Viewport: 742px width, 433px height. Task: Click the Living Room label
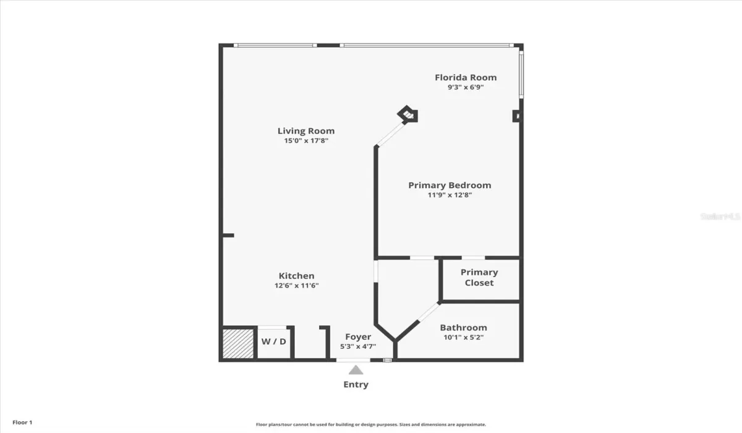(x=306, y=131)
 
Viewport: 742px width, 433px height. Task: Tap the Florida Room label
(x=466, y=77)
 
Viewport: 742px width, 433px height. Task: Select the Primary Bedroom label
(x=450, y=185)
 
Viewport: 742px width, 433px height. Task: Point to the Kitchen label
(x=297, y=276)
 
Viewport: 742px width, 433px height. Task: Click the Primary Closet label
(x=479, y=277)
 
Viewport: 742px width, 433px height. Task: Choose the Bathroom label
(x=463, y=328)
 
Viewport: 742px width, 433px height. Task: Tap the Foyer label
(x=358, y=337)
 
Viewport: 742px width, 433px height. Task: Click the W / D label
(x=273, y=341)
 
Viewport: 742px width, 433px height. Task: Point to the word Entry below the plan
(x=356, y=384)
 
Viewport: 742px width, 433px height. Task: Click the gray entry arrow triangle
(x=356, y=370)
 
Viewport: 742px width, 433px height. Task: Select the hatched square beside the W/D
(x=238, y=343)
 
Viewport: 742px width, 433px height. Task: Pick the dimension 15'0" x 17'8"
(x=306, y=141)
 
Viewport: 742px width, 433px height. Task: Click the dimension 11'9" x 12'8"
(x=450, y=195)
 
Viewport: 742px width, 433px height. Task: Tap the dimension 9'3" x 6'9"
(x=466, y=87)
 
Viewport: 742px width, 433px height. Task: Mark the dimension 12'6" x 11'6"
(x=297, y=286)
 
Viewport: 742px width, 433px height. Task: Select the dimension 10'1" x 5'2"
(x=463, y=338)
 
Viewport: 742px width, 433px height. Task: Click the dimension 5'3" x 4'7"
(x=358, y=346)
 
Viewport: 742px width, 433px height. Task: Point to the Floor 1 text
(x=22, y=422)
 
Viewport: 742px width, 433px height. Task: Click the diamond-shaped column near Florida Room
(x=407, y=114)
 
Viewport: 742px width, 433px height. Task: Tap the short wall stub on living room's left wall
(x=228, y=235)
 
